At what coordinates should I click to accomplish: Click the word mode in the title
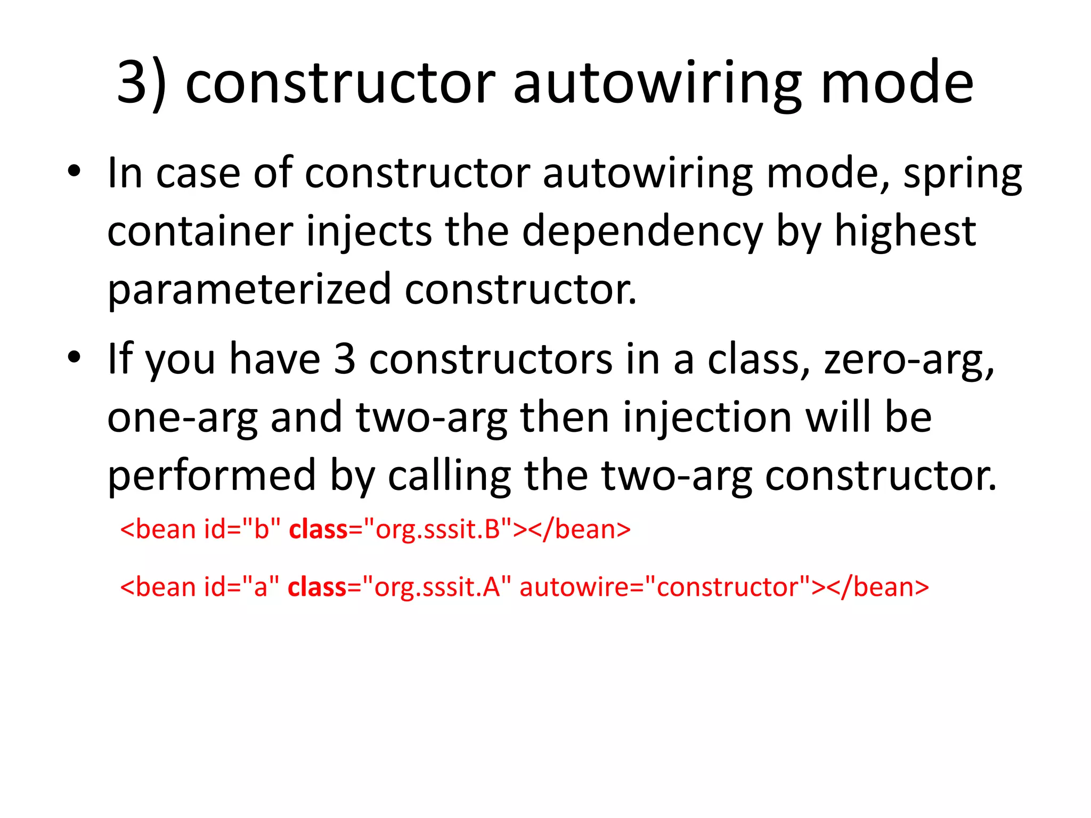[x=897, y=83]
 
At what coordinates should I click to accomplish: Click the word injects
[x=369, y=233]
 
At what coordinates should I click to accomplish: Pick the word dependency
[x=642, y=233]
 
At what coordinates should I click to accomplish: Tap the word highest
[x=905, y=232]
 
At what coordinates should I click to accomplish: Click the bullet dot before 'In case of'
[x=74, y=171]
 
